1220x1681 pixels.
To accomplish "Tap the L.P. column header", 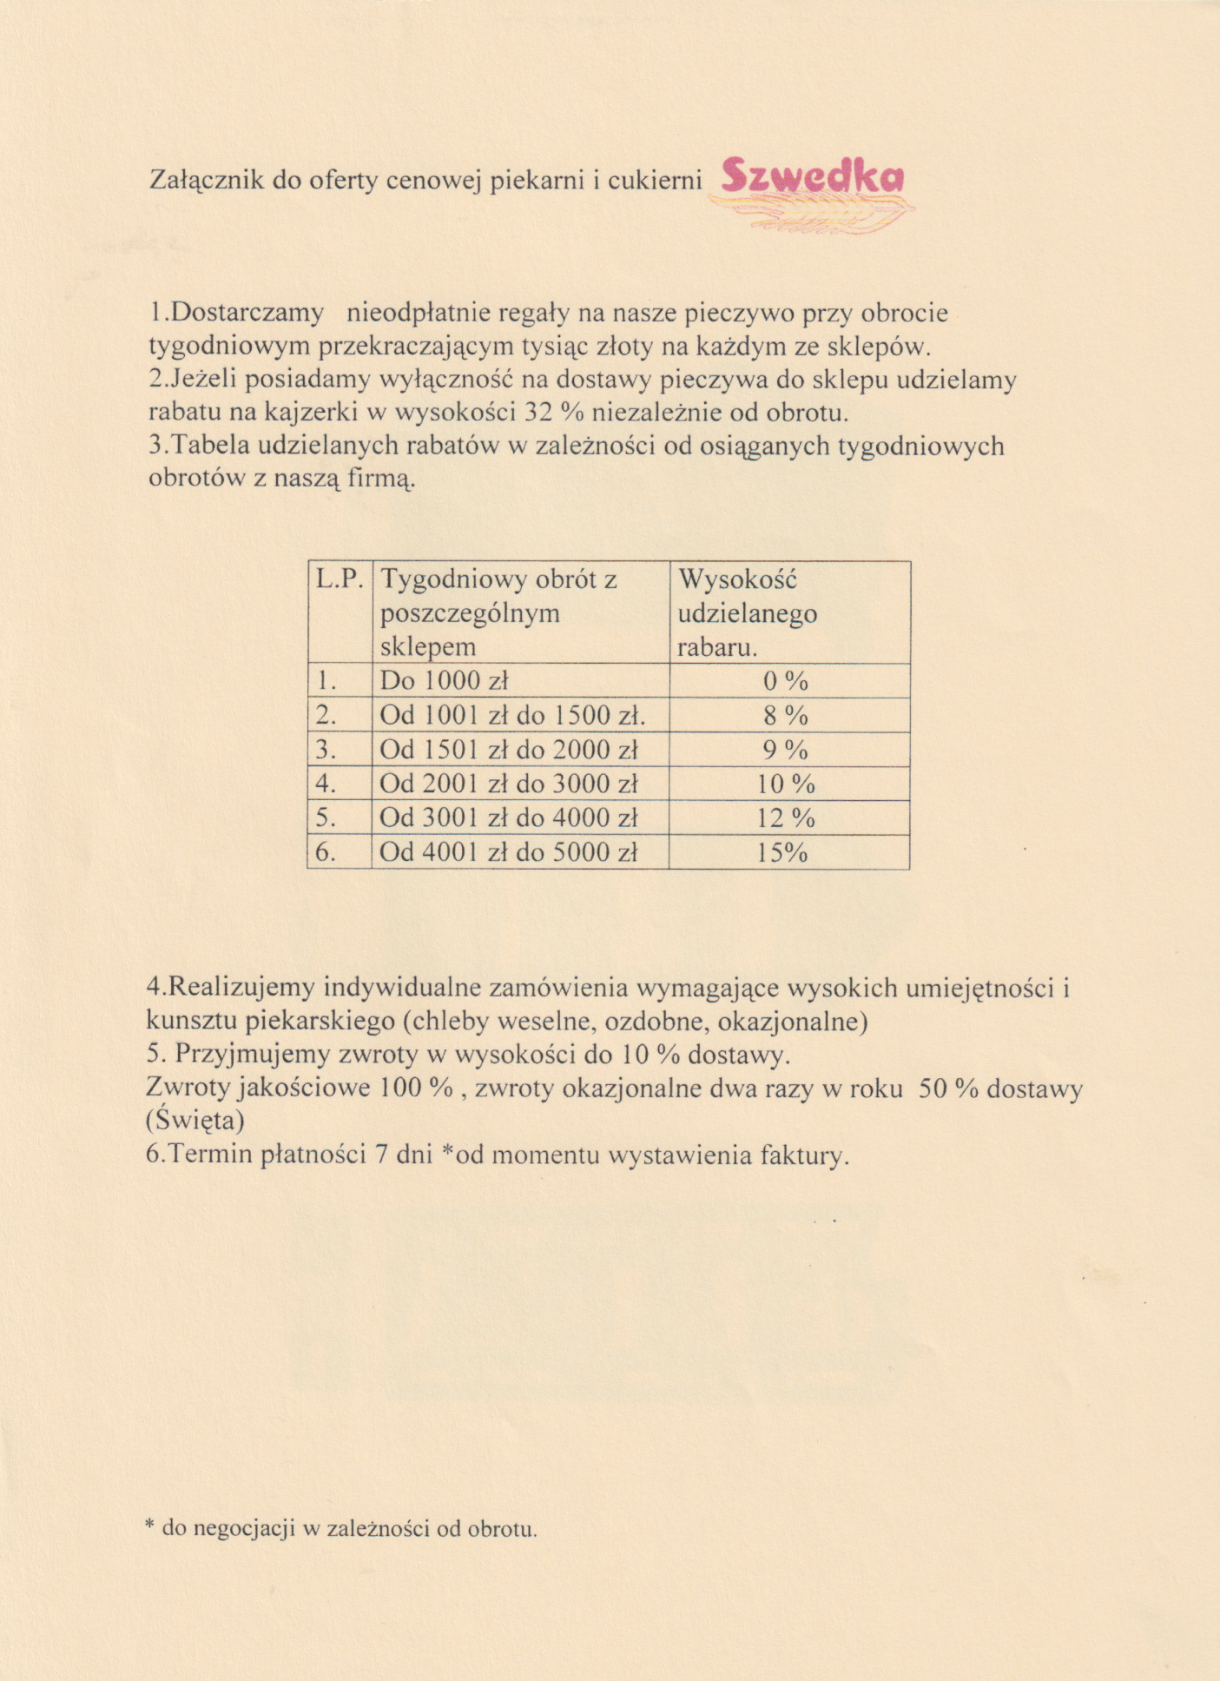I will pyautogui.click(x=339, y=579).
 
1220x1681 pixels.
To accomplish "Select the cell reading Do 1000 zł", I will pyautogui.click(x=444, y=680).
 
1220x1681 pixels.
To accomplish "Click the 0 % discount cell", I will pyautogui.click(x=786, y=680).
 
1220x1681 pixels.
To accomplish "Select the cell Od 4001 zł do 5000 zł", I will pyautogui.click(x=509, y=852).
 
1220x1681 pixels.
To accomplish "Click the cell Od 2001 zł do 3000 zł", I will pyautogui.click(x=509, y=784).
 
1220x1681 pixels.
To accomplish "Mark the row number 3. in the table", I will pyautogui.click(x=326, y=749).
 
